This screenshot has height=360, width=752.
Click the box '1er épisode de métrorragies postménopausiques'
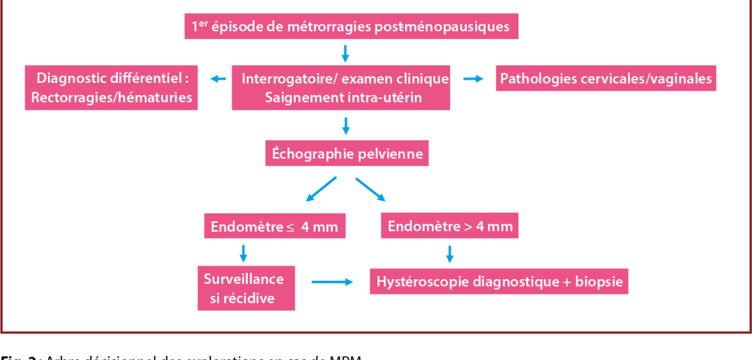[351, 27]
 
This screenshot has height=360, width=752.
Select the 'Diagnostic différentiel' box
[112, 87]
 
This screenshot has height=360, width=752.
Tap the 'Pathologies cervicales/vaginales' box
[606, 78]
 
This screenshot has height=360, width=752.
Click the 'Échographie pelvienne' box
[347, 153]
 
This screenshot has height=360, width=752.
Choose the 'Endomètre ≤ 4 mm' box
[274, 227]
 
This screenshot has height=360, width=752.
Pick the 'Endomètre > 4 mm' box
[450, 226]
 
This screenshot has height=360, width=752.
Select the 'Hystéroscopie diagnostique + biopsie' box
[499, 282]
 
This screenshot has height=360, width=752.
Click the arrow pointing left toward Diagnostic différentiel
[219, 79]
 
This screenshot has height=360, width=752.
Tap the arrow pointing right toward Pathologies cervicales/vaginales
[474, 79]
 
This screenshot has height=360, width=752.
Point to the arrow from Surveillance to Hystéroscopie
[331, 282]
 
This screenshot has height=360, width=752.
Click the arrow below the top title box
[345, 52]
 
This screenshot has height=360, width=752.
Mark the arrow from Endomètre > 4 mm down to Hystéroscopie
[449, 253]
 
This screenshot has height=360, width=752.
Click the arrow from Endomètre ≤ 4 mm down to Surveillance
[243, 253]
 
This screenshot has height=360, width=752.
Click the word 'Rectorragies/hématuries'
[112, 98]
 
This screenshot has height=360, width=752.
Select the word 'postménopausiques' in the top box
[442, 27]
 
